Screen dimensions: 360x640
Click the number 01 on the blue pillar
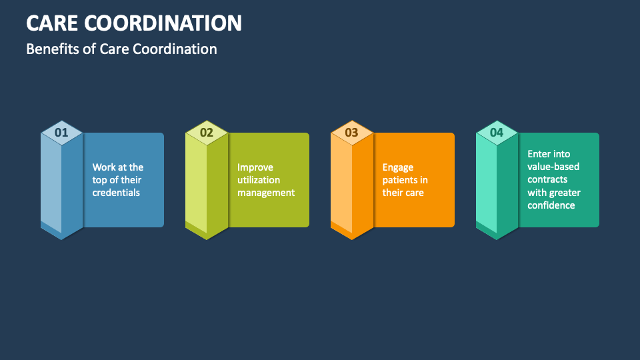click(61, 132)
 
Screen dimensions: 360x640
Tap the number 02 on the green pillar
click(207, 132)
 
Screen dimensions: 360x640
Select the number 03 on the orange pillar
click(351, 132)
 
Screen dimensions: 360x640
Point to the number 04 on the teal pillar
click(497, 132)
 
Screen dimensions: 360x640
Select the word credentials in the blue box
click(116, 193)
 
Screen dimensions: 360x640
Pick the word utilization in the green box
click(259, 180)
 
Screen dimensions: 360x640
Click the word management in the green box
click(266, 193)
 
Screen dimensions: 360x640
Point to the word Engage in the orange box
click(398, 167)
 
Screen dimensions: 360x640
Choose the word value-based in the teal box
click(553, 167)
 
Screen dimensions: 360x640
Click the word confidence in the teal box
click(551, 205)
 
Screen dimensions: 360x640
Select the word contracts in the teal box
click(547, 179)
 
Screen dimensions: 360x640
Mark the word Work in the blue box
click(104, 167)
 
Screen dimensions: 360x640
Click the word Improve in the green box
click(255, 167)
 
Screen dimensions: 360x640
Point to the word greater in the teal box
click(565, 193)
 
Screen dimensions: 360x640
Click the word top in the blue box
click(100, 180)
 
